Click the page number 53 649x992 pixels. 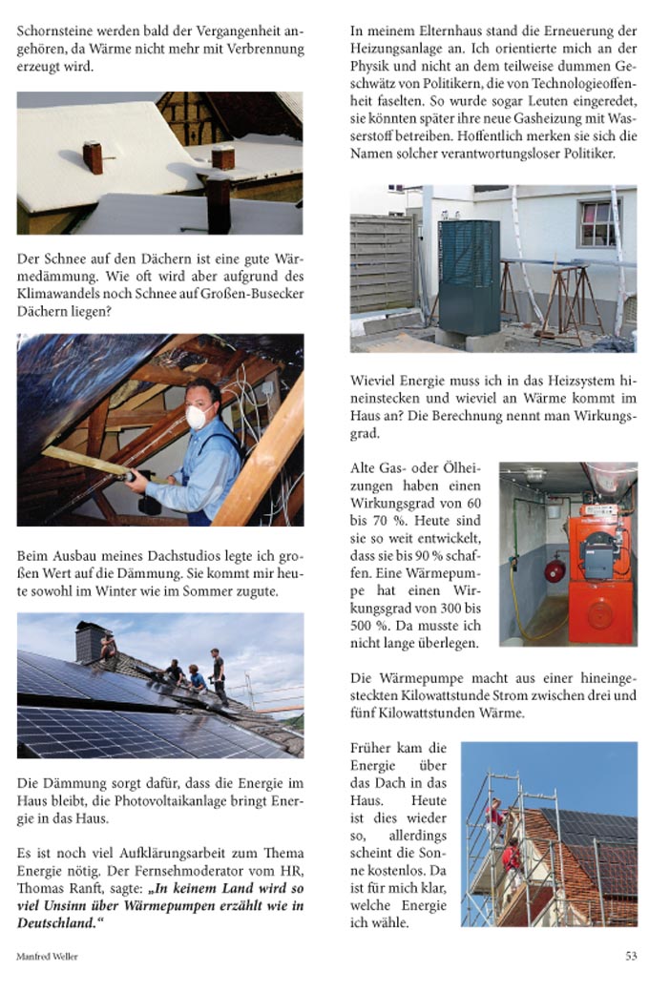click(631, 955)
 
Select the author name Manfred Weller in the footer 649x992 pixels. click(47, 956)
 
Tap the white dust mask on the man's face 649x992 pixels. click(198, 417)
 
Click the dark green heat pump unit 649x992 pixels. click(470, 276)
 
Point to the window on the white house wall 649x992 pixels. click(597, 223)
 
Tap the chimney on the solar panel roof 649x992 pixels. click(91, 641)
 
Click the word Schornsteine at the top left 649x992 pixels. click(56, 30)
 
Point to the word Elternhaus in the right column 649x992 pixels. click(436, 30)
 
